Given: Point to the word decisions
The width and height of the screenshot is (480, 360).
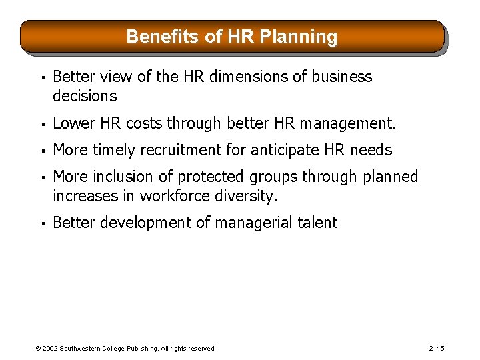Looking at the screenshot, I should pyautogui.click(x=85, y=96).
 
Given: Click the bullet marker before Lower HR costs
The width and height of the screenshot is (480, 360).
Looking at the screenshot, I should pyautogui.click(x=41, y=124).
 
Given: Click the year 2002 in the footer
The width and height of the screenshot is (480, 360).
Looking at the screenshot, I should pyautogui.click(x=50, y=349).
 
